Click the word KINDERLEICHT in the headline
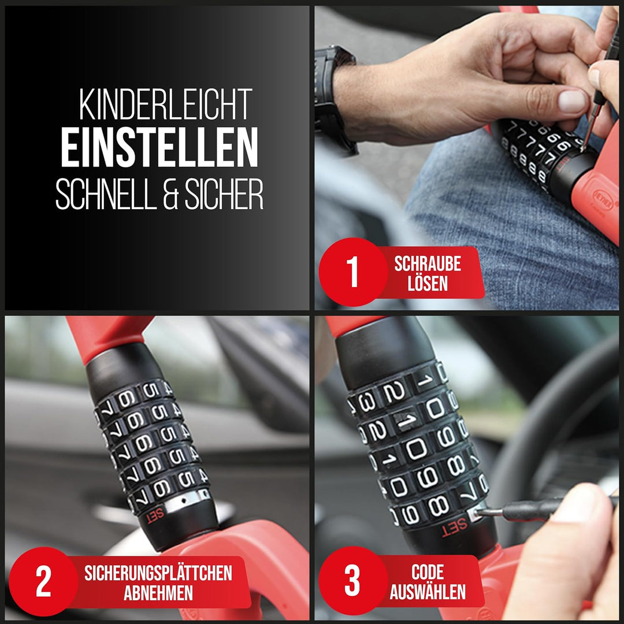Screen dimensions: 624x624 pyautogui.click(x=166, y=105)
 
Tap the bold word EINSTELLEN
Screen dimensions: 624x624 pyautogui.click(x=159, y=148)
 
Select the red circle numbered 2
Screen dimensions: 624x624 pyautogui.click(x=43, y=581)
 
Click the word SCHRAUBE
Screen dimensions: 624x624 pyautogui.click(x=428, y=265)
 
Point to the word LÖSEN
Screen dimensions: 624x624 pyautogui.click(x=428, y=284)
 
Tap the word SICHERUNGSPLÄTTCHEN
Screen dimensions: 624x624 pyautogui.click(x=158, y=574)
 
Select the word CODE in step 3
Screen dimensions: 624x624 pyautogui.click(x=428, y=573)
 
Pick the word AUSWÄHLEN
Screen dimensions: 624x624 pyautogui.click(x=428, y=593)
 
